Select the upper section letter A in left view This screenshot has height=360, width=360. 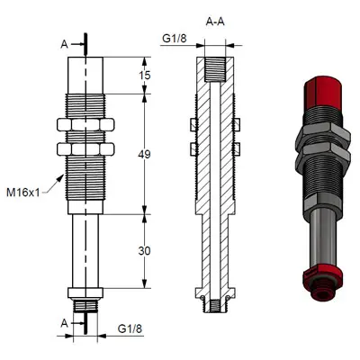click(x=63, y=41)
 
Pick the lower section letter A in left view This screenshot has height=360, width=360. click(x=63, y=322)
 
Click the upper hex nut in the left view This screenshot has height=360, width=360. click(x=86, y=125)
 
